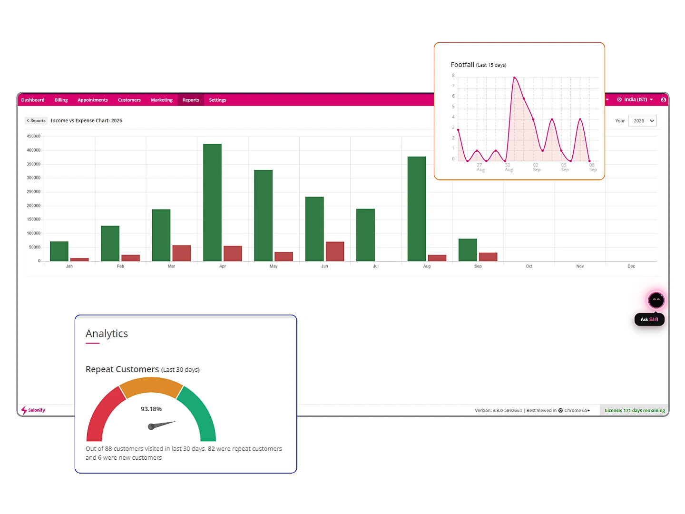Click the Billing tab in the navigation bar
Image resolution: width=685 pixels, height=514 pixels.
(x=61, y=100)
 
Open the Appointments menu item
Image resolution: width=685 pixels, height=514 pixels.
(x=92, y=100)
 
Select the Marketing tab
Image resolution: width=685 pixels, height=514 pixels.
(x=161, y=100)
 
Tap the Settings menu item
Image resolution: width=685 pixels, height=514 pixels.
(x=217, y=100)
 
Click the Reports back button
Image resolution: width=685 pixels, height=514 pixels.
(x=36, y=120)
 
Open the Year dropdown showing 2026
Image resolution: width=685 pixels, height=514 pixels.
(x=642, y=121)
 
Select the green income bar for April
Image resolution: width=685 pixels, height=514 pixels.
(x=212, y=202)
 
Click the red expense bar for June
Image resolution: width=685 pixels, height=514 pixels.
(x=334, y=251)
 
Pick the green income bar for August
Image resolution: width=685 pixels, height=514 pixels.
(x=416, y=209)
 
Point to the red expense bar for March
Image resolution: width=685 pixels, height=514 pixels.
(x=181, y=253)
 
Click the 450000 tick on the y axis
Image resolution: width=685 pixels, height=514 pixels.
(x=33, y=137)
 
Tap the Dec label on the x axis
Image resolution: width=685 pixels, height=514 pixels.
(x=631, y=266)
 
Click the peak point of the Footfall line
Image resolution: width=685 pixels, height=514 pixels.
(x=514, y=78)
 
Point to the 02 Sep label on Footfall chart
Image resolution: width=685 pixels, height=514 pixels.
(x=537, y=167)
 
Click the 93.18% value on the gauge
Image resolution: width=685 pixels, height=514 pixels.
(x=151, y=409)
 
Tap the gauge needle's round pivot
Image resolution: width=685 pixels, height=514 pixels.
(x=151, y=426)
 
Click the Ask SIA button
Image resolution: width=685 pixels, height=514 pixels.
(x=649, y=319)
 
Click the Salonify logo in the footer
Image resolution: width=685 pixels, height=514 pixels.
(x=33, y=410)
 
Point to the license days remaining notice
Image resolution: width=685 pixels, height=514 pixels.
(x=635, y=410)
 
